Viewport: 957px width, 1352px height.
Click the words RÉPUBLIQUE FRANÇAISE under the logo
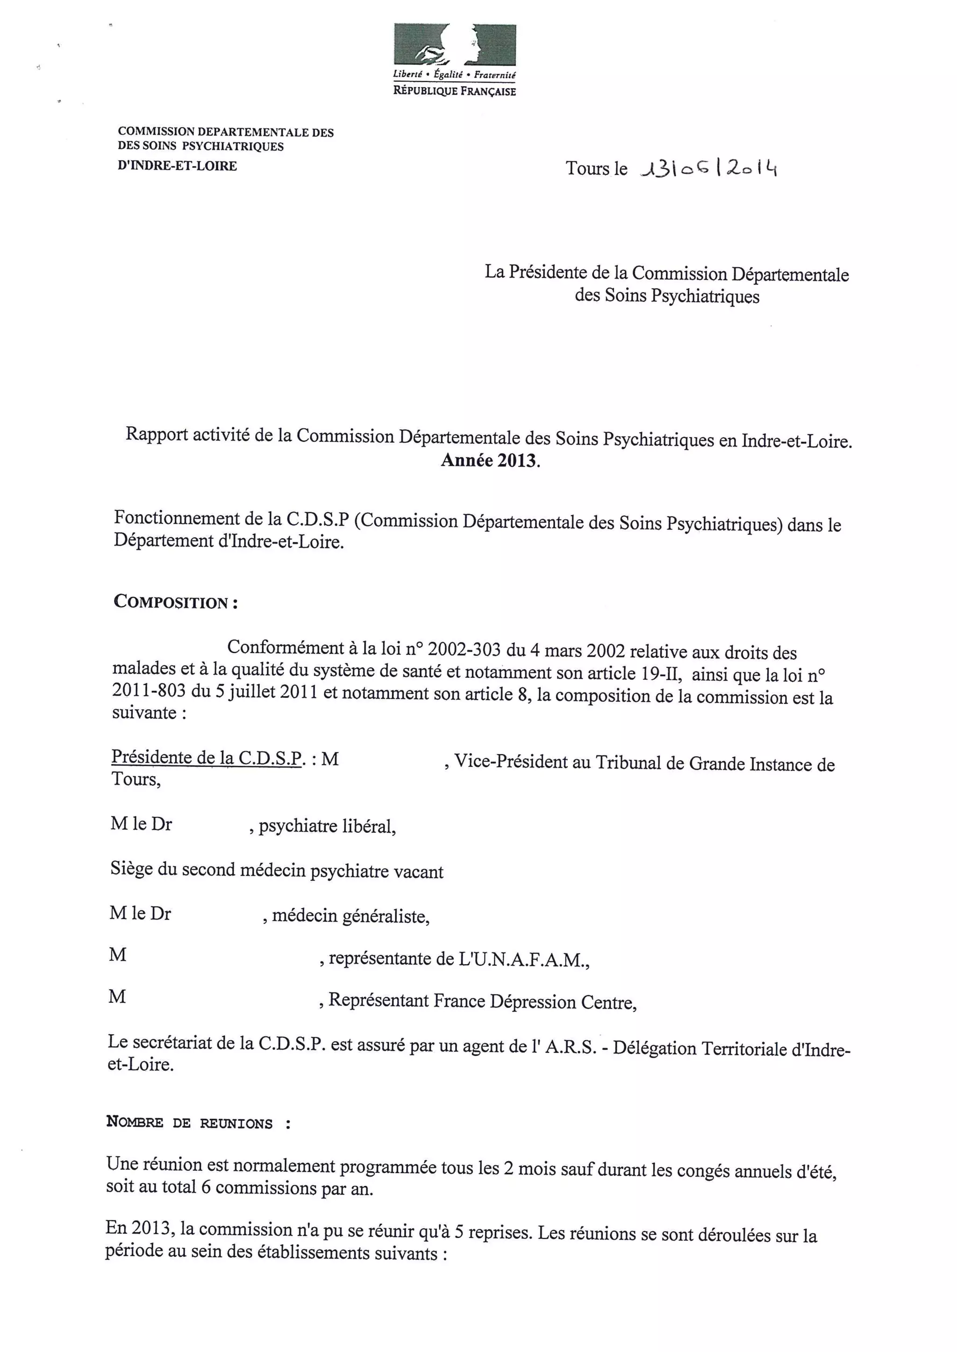454,92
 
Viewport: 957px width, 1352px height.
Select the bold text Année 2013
490,460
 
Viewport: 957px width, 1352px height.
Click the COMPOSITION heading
176,602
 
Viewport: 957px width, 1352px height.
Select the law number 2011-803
149,691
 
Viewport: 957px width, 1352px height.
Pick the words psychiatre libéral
327,827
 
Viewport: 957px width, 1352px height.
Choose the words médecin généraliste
350,917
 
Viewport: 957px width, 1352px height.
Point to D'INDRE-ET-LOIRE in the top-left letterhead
178,166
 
